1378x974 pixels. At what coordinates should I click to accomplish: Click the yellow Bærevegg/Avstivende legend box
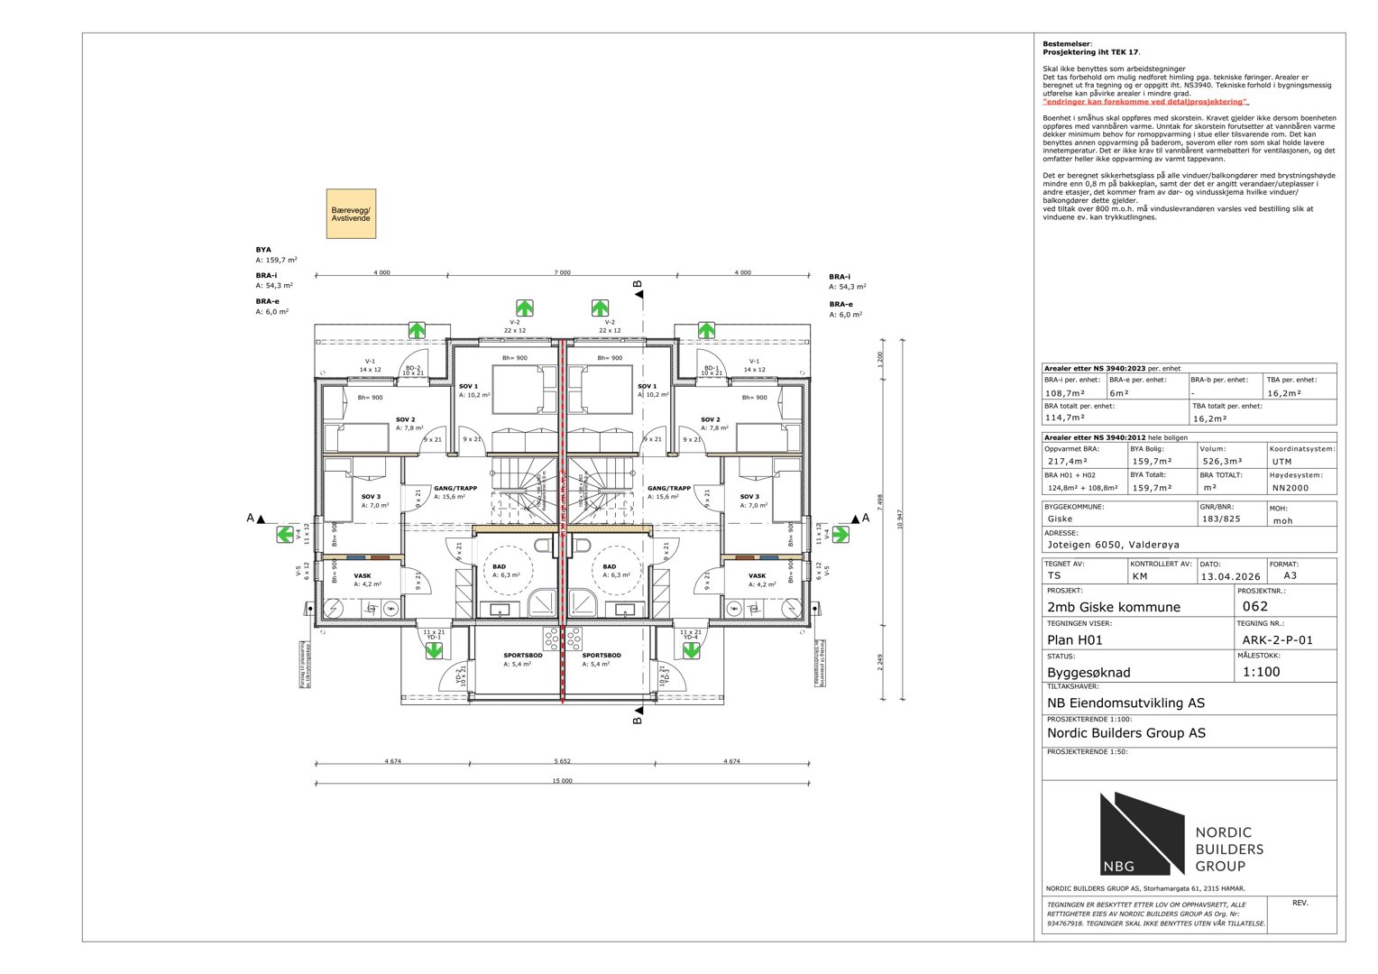coord(351,214)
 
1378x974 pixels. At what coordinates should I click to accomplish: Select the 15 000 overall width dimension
coord(562,781)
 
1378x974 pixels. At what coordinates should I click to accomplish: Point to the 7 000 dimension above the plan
coord(562,272)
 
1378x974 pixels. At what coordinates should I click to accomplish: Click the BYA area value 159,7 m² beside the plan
coord(276,260)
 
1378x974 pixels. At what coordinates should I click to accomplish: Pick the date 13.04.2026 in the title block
coord(1230,576)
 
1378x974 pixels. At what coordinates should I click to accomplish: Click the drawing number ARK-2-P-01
coord(1277,640)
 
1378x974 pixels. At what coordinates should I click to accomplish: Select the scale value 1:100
coord(1261,672)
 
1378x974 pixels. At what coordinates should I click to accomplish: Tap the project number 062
coord(1254,607)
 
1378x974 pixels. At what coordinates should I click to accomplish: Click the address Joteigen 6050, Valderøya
coord(1113,545)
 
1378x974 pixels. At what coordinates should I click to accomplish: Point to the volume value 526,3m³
coord(1222,461)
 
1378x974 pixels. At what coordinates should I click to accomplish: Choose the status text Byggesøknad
coord(1089,673)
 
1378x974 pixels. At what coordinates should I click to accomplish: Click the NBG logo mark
coord(1141,834)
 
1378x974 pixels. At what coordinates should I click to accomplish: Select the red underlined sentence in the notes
coord(1145,102)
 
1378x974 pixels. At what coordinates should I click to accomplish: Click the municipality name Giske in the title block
coord(1060,519)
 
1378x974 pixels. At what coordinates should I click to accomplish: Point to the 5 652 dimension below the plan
coord(562,761)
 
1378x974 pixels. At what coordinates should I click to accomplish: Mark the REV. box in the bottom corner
coord(1300,904)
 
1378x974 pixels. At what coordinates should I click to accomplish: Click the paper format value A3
coord(1290,575)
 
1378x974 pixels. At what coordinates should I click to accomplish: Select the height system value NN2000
coord(1290,488)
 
